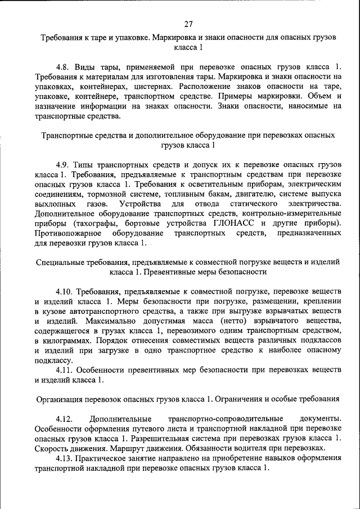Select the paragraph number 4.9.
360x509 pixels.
(64, 165)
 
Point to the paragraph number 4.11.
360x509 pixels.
(66, 370)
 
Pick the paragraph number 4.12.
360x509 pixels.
(66, 419)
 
